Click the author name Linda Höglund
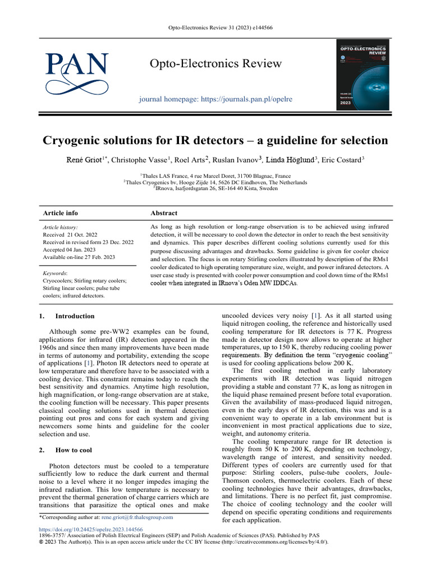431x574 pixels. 291,161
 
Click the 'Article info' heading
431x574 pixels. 61,213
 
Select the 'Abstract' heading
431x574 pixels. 164,213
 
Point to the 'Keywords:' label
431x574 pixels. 56,274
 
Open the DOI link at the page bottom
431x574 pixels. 90,530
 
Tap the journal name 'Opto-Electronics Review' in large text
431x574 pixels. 215,63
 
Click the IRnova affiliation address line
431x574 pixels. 215,189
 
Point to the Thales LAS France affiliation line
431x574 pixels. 215,175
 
